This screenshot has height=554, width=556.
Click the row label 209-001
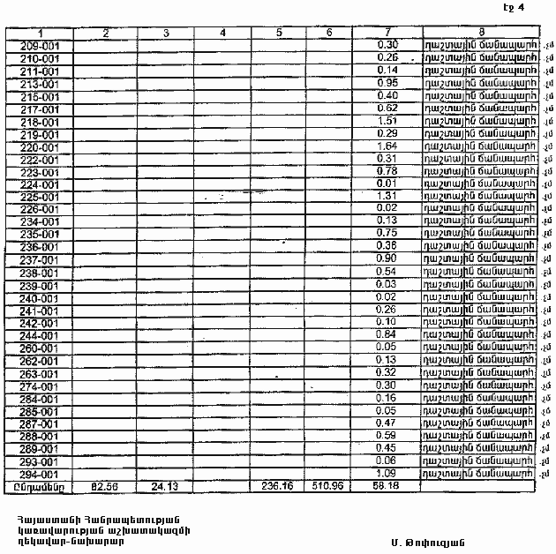[x=38, y=45]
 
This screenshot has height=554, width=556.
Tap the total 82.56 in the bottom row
[x=105, y=486]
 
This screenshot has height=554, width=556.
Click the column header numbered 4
[x=222, y=33]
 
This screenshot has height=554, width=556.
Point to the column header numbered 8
[x=481, y=33]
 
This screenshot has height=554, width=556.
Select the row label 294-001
[x=38, y=474]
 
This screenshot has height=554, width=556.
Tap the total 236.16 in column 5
[x=278, y=486]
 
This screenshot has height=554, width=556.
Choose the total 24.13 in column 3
[x=166, y=486]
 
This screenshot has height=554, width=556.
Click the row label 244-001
[x=38, y=335]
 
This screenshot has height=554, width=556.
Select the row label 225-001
[x=38, y=197]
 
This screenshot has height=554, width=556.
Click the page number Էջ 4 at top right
[x=514, y=8]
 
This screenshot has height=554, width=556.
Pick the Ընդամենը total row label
[x=36, y=486]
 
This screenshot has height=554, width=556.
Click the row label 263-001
[x=38, y=373]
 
